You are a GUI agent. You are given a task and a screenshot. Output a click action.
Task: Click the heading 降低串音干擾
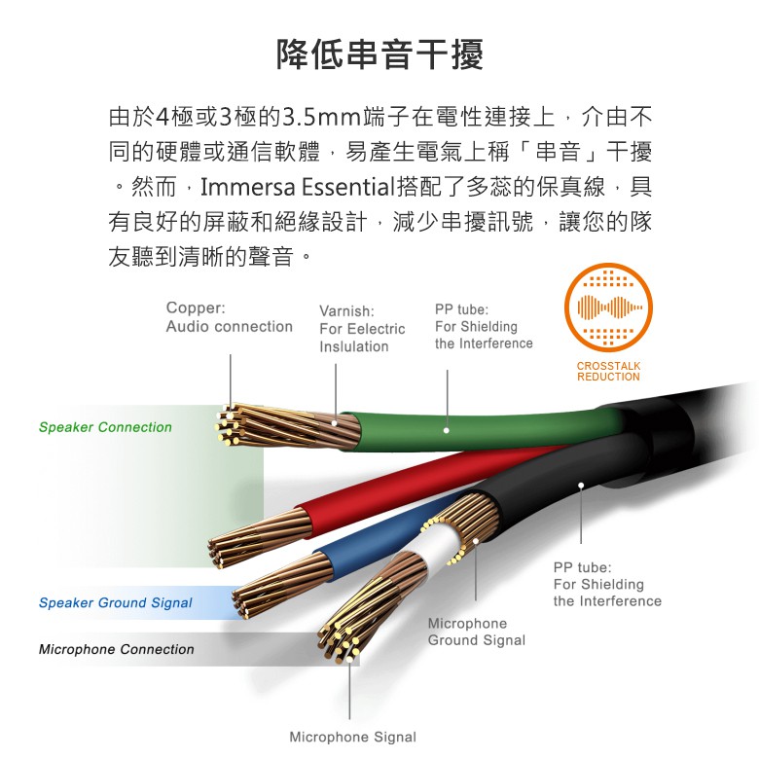pos(379,54)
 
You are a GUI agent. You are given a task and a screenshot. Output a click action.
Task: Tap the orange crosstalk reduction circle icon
pos(608,307)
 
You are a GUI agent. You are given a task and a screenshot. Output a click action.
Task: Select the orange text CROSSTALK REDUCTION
pos(608,372)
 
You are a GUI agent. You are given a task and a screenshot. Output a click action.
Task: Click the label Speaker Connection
pos(105,427)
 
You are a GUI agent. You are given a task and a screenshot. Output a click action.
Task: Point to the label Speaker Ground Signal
pos(115,602)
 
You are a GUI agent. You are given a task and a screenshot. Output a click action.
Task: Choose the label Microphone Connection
pos(116,649)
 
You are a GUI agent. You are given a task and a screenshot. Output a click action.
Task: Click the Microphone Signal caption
pos(353,738)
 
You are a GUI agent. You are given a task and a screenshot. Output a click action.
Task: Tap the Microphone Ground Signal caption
pos(477,632)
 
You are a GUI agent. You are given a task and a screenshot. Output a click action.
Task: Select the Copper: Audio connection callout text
pos(229,317)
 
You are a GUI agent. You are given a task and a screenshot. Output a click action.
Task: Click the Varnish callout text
pos(362,329)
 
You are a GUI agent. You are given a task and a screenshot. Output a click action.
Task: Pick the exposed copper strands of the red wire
pos(259,537)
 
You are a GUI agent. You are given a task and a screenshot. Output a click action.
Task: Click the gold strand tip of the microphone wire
pos(339,641)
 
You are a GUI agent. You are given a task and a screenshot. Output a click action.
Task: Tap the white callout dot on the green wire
pos(446,430)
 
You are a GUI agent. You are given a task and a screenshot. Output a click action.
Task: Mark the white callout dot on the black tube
pos(581,485)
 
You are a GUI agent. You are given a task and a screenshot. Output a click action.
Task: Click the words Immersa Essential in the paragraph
pos(297,187)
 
